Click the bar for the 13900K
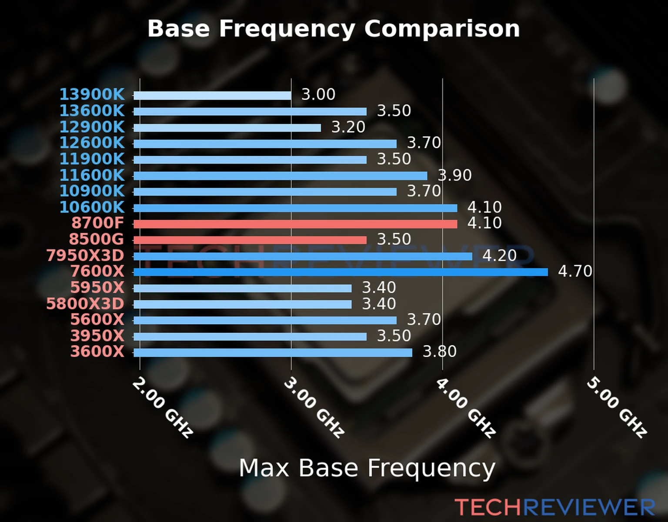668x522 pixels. [212, 96]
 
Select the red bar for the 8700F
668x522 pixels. [295, 224]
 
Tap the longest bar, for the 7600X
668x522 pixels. [341, 272]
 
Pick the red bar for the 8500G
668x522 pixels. [250, 240]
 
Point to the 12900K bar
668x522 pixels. [227, 128]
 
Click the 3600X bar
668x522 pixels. [273, 352]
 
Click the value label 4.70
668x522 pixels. [575, 271]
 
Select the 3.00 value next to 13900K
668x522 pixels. [318, 94]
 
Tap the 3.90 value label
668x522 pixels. [454, 175]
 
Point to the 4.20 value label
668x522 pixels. [499, 255]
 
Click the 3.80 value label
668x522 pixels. [440, 351]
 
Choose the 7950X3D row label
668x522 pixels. [85, 256]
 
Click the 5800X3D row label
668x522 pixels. [85, 304]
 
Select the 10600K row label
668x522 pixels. [92, 207]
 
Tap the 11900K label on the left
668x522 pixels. [92, 159]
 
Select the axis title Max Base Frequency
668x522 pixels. [367, 468]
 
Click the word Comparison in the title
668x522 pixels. [442, 29]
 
